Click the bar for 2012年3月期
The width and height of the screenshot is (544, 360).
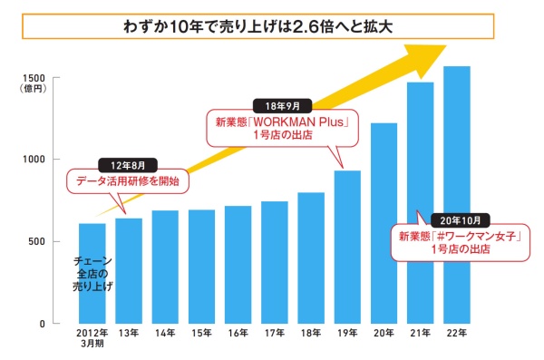click(92, 273)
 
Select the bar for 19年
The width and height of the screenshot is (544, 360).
click(347, 247)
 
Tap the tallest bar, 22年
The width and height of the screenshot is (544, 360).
click(457, 195)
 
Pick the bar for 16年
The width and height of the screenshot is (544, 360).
click(238, 265)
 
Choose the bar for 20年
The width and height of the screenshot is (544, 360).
click(384, 223)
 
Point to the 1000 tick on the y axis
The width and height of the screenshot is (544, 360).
click(34, 160)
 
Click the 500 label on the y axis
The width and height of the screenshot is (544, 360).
click(37, 241)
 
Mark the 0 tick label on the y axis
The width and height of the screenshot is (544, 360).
click(43, 324)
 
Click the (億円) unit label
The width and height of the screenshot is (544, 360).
click(34, 89)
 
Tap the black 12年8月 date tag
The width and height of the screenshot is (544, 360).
click(128, 166)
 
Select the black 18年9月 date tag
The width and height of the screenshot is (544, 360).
click(282, 106)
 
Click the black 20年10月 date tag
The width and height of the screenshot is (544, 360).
click(461, 220)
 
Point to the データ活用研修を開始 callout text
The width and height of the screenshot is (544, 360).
click(128, 181)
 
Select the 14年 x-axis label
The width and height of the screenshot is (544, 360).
click(165, 334)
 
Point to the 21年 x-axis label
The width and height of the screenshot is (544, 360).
click(421, 334)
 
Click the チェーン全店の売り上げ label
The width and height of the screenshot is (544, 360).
click(92, 274)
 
